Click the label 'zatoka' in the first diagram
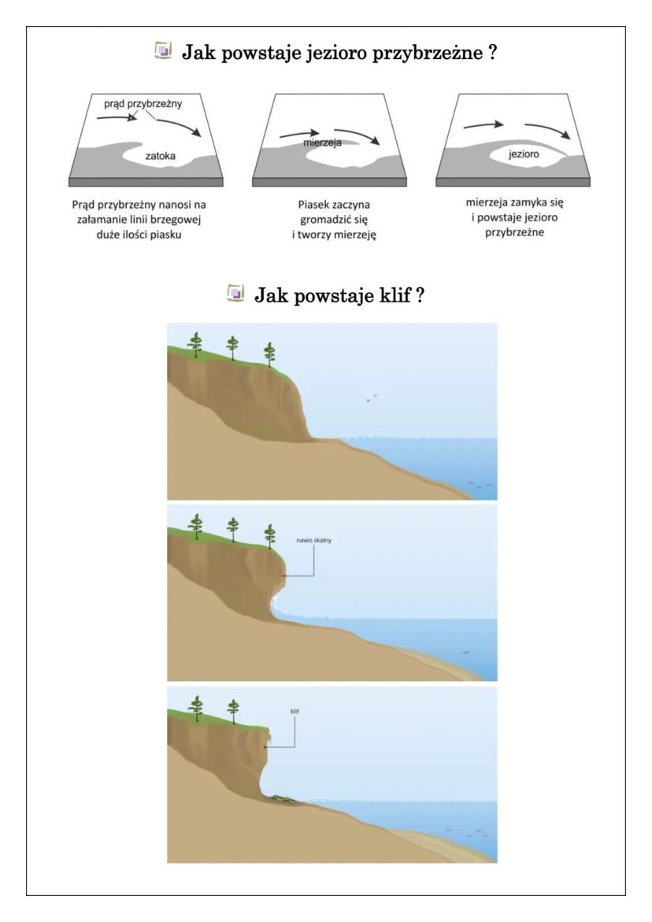pos(160,156)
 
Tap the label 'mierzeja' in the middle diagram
pos(322,143)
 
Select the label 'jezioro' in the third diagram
pos(524,154)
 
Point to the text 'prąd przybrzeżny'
pos(143,103)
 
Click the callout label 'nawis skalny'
pos(314,540)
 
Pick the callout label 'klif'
pos(295,711)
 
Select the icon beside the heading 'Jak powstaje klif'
pos(235,292)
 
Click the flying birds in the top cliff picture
pos(371,398)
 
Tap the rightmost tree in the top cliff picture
pos(270,354)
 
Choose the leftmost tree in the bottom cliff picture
pos(196,708)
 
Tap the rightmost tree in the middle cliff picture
pos(270,535)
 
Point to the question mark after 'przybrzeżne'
pos(493,52)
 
